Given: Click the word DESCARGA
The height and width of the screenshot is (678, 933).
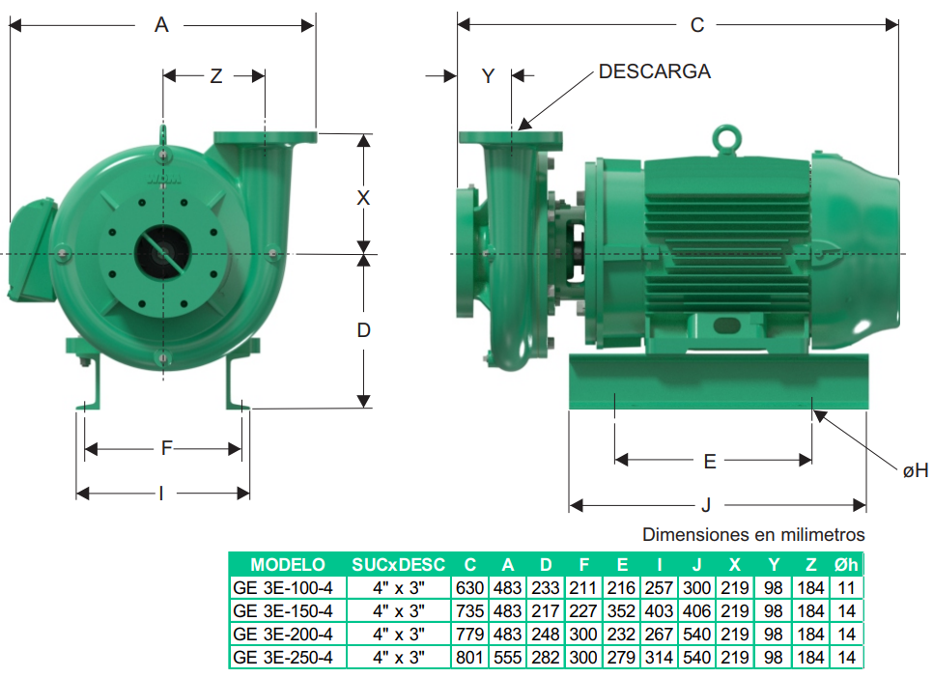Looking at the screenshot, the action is (655, 71).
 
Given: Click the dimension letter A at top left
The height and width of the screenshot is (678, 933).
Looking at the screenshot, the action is (161, 25).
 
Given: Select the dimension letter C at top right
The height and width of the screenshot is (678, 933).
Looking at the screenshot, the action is (697, 25).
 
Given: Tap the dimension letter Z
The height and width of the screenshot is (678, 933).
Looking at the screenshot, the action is (216, 76).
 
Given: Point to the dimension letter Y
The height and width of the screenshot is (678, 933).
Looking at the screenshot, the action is (488, 76).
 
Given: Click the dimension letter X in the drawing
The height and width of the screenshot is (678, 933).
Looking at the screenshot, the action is (363, 198).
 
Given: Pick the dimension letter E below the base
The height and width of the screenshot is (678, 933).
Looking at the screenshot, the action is (710, 462).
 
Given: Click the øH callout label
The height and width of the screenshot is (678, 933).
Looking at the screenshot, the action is (916, 470).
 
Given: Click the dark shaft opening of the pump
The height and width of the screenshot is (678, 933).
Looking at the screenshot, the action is (162, 254).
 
